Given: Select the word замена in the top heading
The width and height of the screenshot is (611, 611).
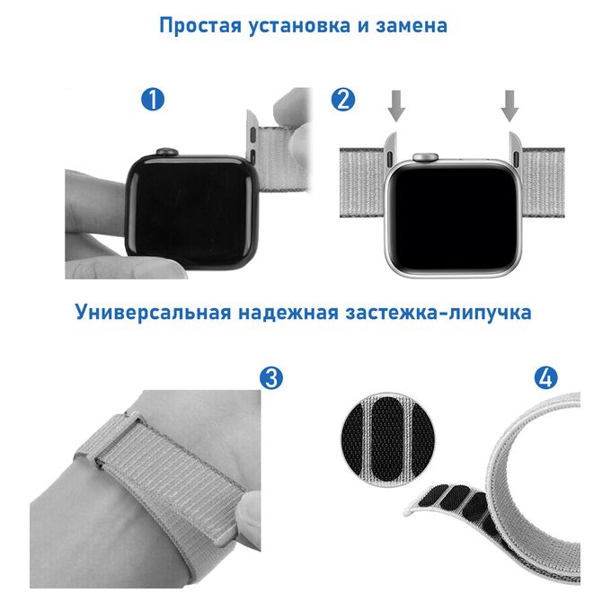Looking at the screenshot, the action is pyautogui.click(x=411, y=26).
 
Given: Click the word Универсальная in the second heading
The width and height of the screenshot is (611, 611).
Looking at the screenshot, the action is pyautogui.click(x=153, y=313).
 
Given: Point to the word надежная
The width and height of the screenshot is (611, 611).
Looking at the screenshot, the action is pyautogui.click(x=288, y=313).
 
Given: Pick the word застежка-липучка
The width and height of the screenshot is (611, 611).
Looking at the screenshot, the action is pyautogui.click(x=438, y=313).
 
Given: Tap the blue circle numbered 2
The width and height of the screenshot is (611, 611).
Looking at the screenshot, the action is pyautogui.click(x=343, y=99).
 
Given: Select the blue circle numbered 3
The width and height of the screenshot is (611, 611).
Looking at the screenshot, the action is pyautogui.click(x=271, y=377).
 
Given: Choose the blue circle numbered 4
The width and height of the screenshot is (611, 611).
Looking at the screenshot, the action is pyautogui.click(x=546, y=377).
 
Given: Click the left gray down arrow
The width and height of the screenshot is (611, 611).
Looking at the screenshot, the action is pyautogui.click(x=396, y=106).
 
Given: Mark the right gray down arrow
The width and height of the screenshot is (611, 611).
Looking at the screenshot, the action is pyautogui.click(x=509, y=106).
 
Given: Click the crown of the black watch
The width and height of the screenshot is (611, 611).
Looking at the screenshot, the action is pyautogui.click(x=167, y=152).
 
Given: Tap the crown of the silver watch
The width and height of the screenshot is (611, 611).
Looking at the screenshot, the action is pyautogui.click(x=426, y=157).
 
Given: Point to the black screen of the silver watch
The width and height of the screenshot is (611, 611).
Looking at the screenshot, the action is pyautogui.click(x=454, y=218).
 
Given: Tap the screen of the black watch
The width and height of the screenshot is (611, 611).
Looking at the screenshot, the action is pyautogui.click(x=191, y=212).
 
